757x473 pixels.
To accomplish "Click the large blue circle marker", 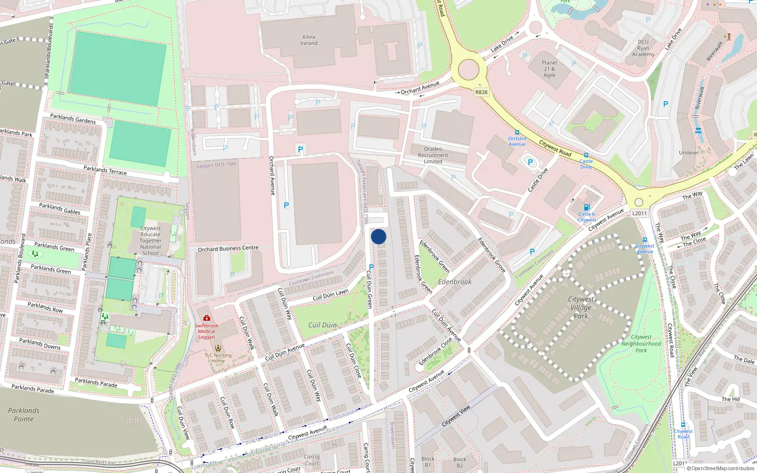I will pos(378,236).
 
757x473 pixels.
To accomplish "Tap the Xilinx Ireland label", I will pos(308,40).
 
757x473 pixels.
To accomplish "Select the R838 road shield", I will pos(481,92).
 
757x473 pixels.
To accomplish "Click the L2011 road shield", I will pos(639,213).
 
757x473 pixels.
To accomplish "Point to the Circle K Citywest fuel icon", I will pos(587,207).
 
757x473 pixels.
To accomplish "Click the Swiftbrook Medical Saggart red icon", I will pos(207,318).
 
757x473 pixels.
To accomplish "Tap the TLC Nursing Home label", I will pos(218,358).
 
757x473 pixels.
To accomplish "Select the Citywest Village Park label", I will pos(581,307).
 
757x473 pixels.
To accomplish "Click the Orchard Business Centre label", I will pos(228,248).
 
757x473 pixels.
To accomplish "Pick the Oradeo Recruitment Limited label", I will pos(433,155).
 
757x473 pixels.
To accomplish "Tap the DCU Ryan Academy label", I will pos(643,48).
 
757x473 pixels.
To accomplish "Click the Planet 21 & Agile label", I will pos(549,69).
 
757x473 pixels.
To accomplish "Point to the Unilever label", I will pos(688,153).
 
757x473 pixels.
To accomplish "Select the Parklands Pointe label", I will pos(24,415).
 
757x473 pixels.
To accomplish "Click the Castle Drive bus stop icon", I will pos(586,155).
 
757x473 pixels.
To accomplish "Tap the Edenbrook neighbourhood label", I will pos(455,282).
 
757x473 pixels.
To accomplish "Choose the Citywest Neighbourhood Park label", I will pos(641,344).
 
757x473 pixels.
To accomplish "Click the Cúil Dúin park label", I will pos(322,325).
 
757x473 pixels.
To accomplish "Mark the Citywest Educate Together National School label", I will pos(150,241).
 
